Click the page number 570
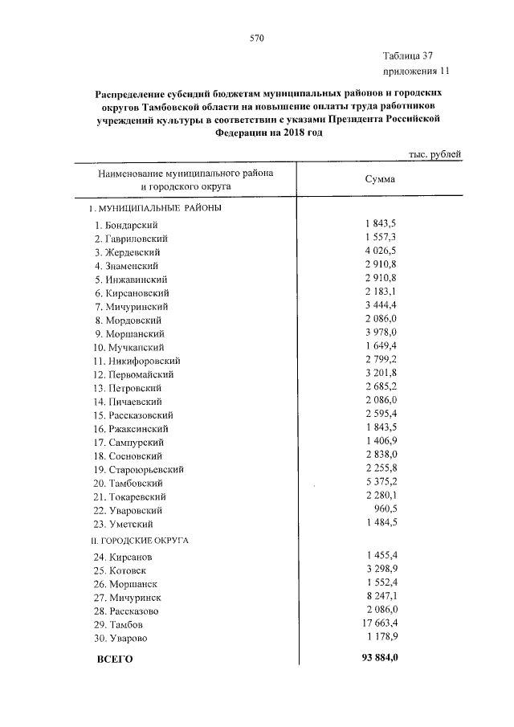click(257, 37)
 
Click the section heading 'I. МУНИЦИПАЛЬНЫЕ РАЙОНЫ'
click(154, 208)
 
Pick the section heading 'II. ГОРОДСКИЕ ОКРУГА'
click(138, 540)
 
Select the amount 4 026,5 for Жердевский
click(381, 251)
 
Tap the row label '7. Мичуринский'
click(130, 306)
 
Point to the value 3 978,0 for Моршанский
click(381, 333)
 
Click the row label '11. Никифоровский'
click(137, 361)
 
